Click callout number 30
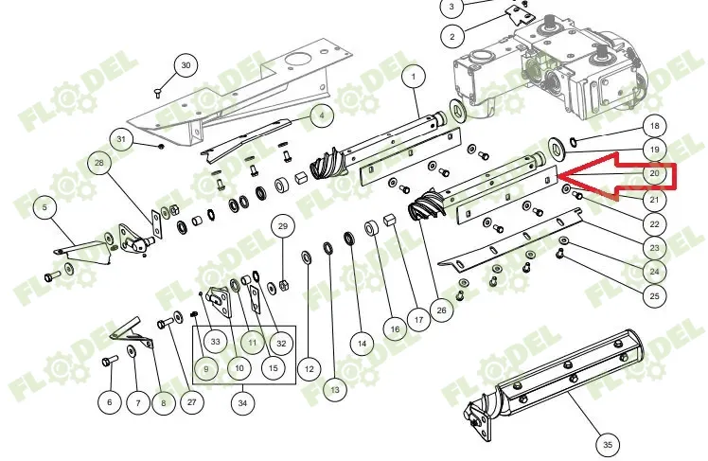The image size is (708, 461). tap(186, 65)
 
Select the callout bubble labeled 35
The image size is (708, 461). tap(608, 445)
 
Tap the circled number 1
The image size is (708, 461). tap(414, 77)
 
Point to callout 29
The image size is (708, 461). tap(283, 225)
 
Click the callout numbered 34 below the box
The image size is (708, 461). tap(242, 402)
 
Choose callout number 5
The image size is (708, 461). tap(44, 207)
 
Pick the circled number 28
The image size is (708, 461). tap(99, 163)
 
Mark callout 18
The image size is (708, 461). tap(654, 126)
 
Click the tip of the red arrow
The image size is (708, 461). tap(558, 176)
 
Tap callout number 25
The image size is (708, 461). tap(654, 296)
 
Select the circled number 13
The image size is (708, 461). tap(334, 390)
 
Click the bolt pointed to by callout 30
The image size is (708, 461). tap(158, 93)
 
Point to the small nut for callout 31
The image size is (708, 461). tap(161, 147)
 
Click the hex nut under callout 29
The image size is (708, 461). tap(284, 285)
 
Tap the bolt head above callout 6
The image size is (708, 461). tap(109, 362)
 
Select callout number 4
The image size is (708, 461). tap(322, 115)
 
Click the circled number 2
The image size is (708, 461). tap(452, 37)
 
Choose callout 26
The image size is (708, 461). tap(441, 310)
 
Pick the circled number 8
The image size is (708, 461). tap(163, 402)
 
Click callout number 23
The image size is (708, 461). tap(654, 248)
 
